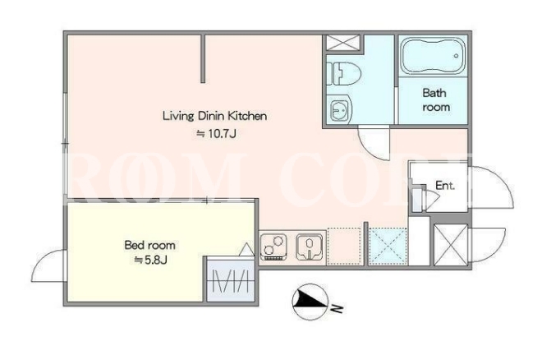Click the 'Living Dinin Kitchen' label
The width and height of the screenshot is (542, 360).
click(x=214, y=116)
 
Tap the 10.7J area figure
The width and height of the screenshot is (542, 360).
click(x=216, y=133)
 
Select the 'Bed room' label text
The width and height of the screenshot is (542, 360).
click(x=149, y=245)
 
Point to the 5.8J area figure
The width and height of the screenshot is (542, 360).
click(x=151, y=260)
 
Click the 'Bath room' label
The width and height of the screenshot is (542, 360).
click(x=435, y=100)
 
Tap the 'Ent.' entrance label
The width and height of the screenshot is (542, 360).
click(x=445, y=186)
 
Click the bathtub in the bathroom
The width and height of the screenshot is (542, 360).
click(x=433, y=56)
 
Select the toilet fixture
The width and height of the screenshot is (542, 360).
click(x=343, y=73)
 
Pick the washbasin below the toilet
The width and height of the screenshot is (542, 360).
click(x=340, y=109)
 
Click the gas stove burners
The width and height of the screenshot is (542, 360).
click(x=273, y=247)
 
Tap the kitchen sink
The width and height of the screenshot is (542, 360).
click(x=310, y=247)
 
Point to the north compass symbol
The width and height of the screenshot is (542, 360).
click(x=310, y=302)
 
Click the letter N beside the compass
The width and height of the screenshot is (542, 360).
click(x=337, y=308)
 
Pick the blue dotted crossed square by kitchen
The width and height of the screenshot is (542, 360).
click(x=388, y=247)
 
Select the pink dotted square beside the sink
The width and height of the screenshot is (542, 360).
click(x=344, y=247)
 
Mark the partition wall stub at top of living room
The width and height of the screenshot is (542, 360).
click(x=203, y=58)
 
